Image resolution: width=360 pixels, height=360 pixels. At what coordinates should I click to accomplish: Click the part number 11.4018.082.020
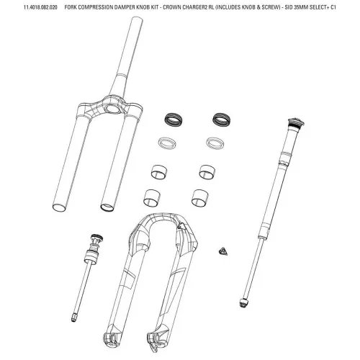(x=40, y=7)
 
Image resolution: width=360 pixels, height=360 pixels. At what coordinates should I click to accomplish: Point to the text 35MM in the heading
(x=301, y=7)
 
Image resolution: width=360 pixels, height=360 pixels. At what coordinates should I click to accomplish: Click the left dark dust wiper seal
(x=173, y=120)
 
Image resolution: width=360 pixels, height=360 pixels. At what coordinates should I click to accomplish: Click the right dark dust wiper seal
(x=221, y=120)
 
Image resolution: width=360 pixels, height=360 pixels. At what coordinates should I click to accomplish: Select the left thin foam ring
(x=167, y=143)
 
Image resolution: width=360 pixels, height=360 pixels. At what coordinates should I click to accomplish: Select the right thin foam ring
(x=215, y=143)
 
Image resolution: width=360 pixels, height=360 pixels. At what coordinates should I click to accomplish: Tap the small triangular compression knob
(x=223, y=251)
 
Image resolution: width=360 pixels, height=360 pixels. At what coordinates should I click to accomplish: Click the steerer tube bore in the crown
(x=112, y=109)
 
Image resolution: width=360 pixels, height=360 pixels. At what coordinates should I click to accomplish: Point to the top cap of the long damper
(x=296, y=122)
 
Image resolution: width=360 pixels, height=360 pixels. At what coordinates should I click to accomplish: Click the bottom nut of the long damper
(x=243, y=302)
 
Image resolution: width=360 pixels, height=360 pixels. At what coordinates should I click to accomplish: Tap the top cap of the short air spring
(x=96, y=238)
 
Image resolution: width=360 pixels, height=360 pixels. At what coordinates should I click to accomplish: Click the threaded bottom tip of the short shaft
(x=73, y=318)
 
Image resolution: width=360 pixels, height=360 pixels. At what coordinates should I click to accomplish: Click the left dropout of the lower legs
(x=111, y=337)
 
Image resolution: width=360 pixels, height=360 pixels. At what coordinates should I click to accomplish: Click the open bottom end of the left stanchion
(x=59, y=208)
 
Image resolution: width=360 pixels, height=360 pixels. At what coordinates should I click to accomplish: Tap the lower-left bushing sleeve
(x=151, y=198)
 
